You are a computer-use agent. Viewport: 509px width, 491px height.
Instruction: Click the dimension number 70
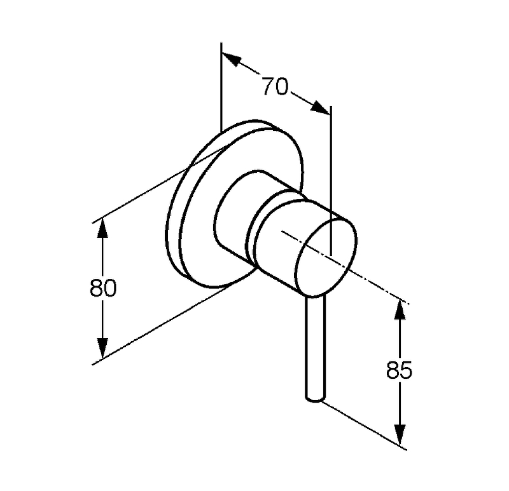point(275,86)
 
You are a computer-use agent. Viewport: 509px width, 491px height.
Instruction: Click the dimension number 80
point(103,288)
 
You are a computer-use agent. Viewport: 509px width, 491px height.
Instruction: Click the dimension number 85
point(400,370)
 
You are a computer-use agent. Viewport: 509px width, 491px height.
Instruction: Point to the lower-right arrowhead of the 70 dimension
point(319,107)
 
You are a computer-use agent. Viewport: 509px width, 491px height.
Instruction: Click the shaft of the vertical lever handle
point(315,347)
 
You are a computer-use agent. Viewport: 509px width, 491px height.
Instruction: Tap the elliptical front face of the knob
point(326,258)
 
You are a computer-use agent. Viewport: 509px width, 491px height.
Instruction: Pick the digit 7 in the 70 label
point(268,86)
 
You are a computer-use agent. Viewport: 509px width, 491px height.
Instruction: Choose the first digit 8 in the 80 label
point(96,288)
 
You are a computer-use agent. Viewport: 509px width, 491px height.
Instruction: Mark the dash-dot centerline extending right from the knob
point(345,267)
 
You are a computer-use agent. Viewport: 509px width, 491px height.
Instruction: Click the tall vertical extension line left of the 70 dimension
point(221,87)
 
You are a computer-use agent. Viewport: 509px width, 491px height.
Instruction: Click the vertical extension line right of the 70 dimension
point(331,180)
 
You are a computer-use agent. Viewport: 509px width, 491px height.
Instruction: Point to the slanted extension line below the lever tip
point(364,426)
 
